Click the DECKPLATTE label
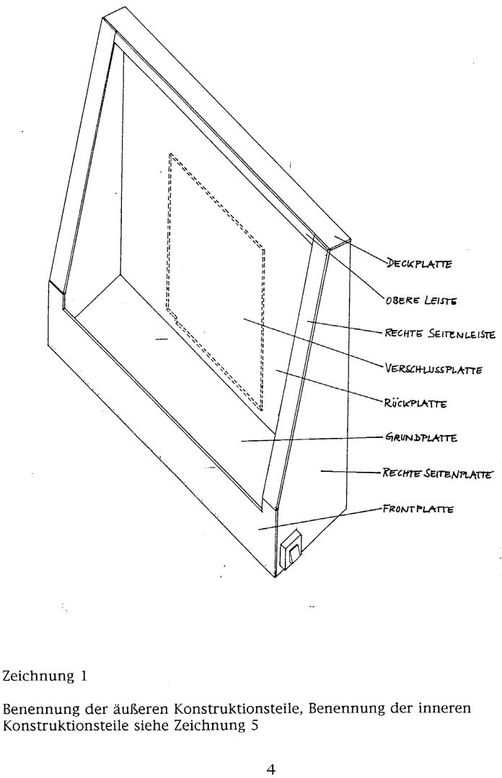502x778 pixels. (x=419, y=264)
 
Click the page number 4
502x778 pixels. (x=270, y=769)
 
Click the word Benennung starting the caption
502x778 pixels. (x=32, y=708)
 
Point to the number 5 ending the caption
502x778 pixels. (x=254, y=724)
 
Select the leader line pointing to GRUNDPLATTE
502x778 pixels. (x=310, y=439)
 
